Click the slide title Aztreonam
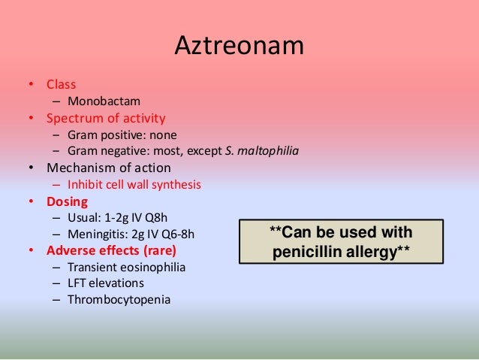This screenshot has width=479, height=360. point(239,46)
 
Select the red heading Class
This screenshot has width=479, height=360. point(61,84)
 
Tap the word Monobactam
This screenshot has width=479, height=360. point(104,101)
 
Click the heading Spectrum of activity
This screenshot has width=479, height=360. point(106,118)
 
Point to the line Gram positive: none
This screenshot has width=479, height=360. point(122,135)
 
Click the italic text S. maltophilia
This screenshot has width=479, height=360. point(262,151)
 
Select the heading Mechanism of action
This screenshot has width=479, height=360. point(109,168)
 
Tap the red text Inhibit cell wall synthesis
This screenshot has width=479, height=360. point(134,184)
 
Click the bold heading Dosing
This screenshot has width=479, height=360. point(67,201)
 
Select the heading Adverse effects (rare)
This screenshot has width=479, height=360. point(112,250)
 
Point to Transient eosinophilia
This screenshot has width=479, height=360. point(126,267)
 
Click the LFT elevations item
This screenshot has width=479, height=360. point(105,283)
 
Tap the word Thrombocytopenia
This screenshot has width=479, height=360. point(119,300)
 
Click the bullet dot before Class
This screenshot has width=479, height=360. point(31,84)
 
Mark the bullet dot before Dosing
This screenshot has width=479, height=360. point(31,201)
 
